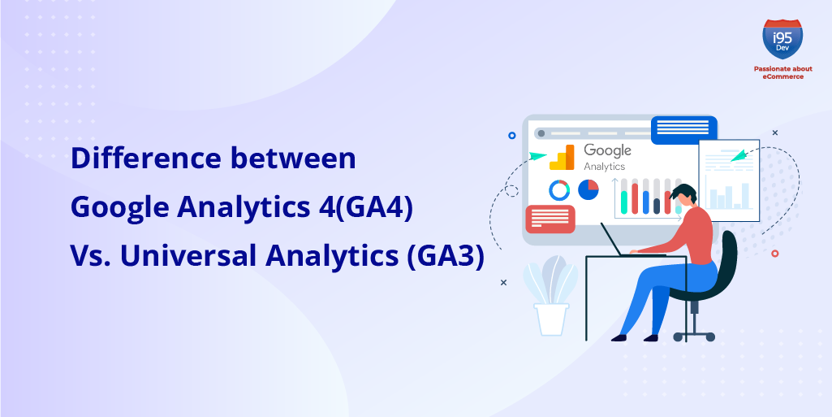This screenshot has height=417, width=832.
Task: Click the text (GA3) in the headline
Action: tap(445, 257)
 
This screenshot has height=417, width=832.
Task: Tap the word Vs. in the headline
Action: tap(90, 257)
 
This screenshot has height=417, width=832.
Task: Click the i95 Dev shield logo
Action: tap(782, 39)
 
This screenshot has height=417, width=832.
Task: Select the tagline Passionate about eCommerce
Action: tap(782, 73)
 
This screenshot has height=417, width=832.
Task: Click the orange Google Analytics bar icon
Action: tap(562, 157)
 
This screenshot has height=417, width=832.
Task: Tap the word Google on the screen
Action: tap(607, 151)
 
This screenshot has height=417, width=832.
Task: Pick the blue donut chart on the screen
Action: tap(559, 189)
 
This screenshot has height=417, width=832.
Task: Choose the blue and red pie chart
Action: tap(588, 189)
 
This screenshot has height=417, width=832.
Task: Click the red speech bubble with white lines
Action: tap(550, 219)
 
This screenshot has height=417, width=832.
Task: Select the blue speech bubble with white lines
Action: tap(684, 129)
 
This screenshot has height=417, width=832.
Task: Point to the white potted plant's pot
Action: tap(552, 319)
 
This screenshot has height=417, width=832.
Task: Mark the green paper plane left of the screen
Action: tap(537, 155)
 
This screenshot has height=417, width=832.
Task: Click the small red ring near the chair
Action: tap(774, 254)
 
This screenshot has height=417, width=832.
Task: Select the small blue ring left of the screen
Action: tap(511, 136)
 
